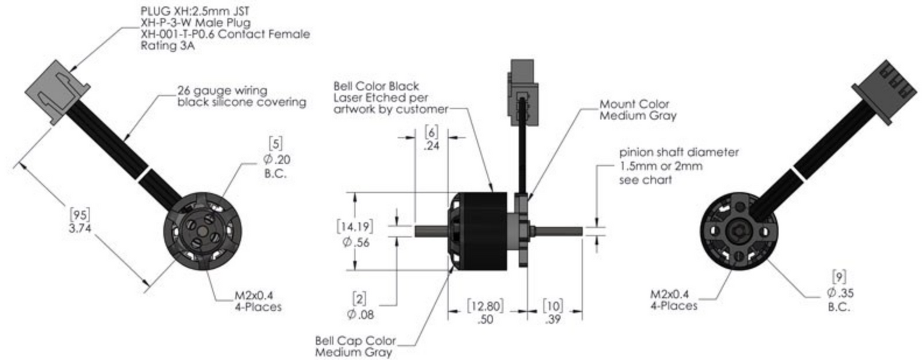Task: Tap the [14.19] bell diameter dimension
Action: (x=355, y=226)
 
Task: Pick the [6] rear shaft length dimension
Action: (x=431, y=133)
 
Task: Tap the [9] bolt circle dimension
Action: (x=840, y=278)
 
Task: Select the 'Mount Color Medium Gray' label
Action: (x=637, y=109)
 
